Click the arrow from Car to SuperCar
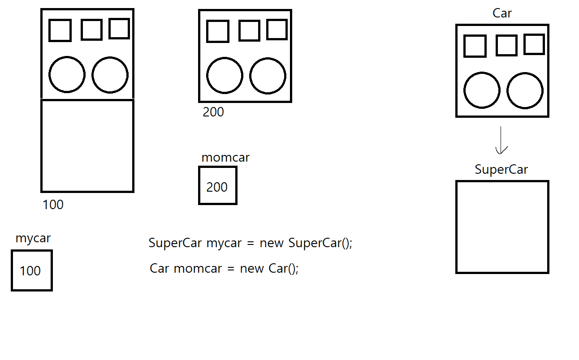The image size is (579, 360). (501, 140)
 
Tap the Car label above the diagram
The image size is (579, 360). (502, 13)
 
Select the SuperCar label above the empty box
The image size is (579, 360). (501, 170)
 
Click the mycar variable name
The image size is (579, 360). (33, 238)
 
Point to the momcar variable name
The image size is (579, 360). (225, 158)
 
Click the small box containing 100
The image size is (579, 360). (31, 270)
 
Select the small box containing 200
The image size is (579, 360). (217, 186)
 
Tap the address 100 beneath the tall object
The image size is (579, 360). (53, 205)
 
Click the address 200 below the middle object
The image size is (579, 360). (213, 112)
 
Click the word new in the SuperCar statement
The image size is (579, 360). (272, 243)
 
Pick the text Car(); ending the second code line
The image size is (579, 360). (283, 269)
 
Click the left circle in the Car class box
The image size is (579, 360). (482, 90)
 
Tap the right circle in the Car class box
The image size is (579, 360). (525, 90)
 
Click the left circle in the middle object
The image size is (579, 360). (225, 76)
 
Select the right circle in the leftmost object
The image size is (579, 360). (110, 75)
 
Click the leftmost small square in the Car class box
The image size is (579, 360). (475, 46)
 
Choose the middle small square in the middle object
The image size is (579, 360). (249, 30)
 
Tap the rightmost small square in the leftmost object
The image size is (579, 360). (119, 29)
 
